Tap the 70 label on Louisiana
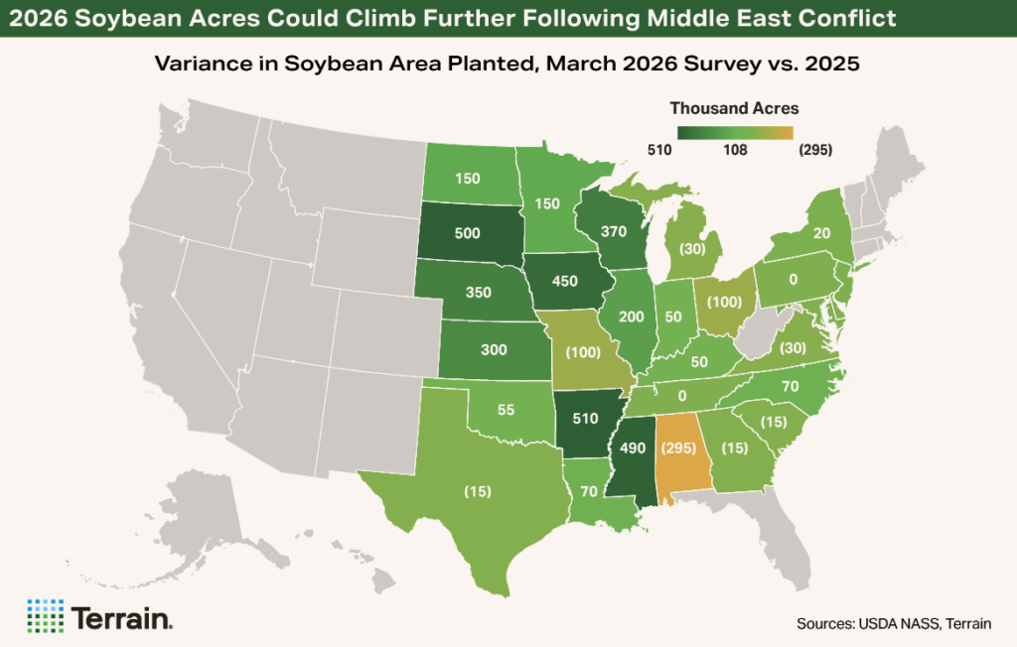pyautogui.click(x=588, y=489)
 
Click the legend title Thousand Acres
pyautogui.click(x=734, y=108)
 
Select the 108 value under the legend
pyautogui.click(x=734, y=150)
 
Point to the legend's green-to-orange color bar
pyautogui.click(x=735, y=132)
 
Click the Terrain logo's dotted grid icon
pyautogui.click(x=44, y=616)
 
